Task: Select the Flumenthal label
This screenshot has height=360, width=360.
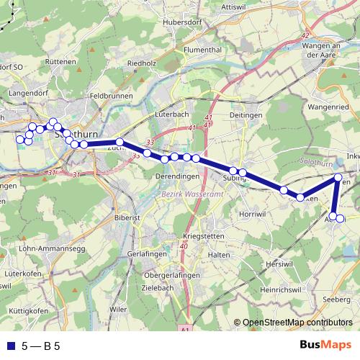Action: tap(201, 50)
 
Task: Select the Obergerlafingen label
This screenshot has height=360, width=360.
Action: tap(169, 274)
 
